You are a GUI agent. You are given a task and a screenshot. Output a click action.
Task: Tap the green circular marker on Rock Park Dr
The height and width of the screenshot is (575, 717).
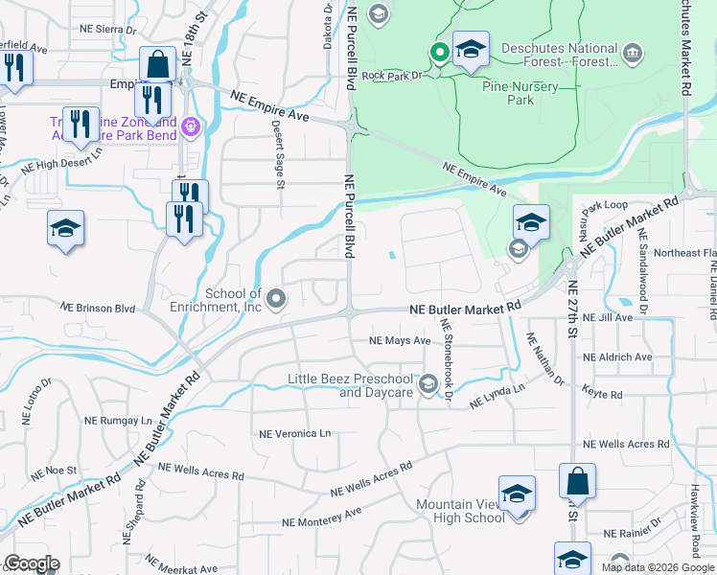[x=440, y=53]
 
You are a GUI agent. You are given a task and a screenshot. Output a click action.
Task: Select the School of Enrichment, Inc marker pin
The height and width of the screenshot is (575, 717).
[x=277, y=300]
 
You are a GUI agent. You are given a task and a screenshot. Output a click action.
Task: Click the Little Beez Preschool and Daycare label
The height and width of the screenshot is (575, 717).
[x=350, y=385]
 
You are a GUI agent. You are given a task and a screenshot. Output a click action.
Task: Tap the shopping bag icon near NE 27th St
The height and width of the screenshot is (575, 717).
[x=578, y=480]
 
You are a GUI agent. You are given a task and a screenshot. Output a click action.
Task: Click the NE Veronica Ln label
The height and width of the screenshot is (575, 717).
[x=294, y=433]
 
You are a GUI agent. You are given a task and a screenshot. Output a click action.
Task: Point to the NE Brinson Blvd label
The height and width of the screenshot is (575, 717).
[x=98, y=309]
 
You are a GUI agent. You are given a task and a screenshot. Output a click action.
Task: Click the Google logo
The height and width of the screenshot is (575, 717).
[x=32, y=563]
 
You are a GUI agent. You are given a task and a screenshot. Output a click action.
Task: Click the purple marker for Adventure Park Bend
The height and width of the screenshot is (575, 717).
[x=191, y=125]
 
